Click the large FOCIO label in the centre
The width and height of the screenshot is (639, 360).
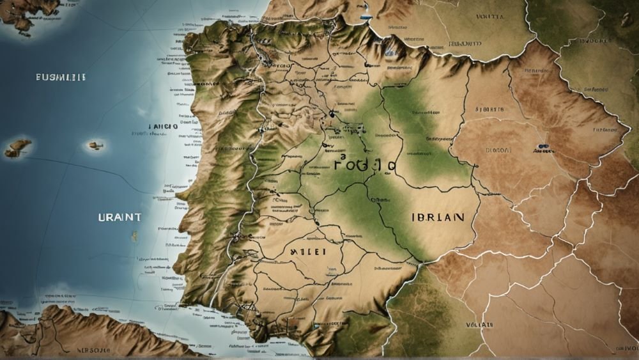[x=364, y=166]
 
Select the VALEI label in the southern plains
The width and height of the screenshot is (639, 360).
[x=309, y=252]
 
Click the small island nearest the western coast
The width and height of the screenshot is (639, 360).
[x=95, y=146]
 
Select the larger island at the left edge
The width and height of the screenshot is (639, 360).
[x=19, y=148]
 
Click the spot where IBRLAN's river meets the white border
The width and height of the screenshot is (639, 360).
[x=419, y=261]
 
